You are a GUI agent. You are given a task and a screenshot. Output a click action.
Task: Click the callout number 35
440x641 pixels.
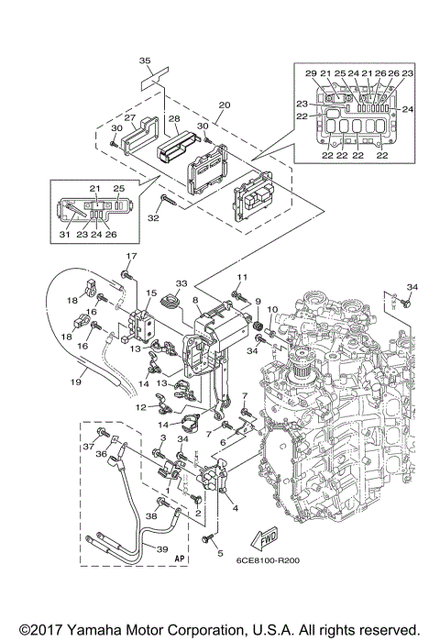pyautogui.click(x=145, y=61)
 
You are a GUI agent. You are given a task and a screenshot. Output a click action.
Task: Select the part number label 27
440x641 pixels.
pyautogui.click(x=129, y=118)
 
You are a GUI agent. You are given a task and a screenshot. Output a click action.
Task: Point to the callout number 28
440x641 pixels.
pyautogui.click(x=173, y=119)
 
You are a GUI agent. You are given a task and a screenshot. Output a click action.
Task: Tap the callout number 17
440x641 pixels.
pyautogui.click(x=131, y=256)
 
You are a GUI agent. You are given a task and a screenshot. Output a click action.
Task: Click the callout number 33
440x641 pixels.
pyautogui.click(x=181, y=283)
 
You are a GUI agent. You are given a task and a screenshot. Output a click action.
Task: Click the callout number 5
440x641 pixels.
pyautogui.click(x=220, y=553)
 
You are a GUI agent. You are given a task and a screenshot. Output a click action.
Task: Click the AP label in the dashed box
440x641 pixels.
pyautogui.click(x=180, y=557)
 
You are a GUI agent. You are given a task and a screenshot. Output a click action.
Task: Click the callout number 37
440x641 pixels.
pyautogui.click(x=89, y=447)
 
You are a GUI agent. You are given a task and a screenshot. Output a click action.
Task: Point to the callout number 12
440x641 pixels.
pyautogui.click(x=142, y=407)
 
